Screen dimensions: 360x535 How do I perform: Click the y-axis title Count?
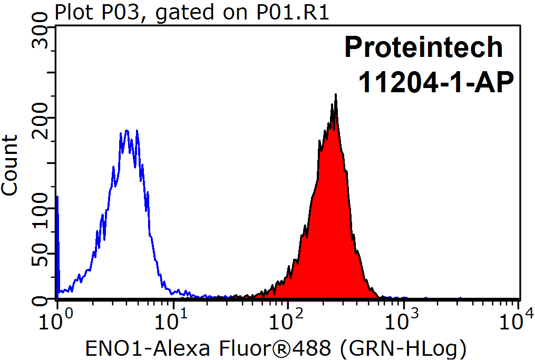[9, 165]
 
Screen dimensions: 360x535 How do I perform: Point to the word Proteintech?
[424, 47]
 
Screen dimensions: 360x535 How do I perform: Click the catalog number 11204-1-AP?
[435, 82]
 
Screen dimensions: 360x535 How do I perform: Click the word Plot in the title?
[72, 11]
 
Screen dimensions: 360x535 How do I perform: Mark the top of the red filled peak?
[335, 95]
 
